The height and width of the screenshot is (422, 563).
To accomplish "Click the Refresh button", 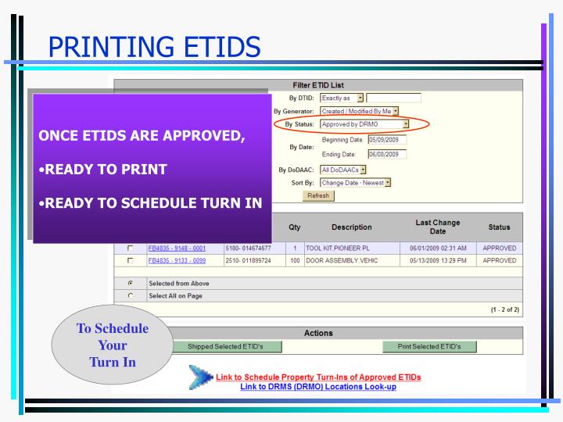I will pyautogui.click(x=318, y=195).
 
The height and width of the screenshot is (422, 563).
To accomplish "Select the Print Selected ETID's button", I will pyautogui.click(x=429, y=346).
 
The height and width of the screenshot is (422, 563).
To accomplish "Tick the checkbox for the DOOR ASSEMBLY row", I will pyautogui.click(x=131, y=260).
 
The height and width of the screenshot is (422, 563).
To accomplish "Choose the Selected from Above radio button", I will pyautogui.click(x=131, y=282).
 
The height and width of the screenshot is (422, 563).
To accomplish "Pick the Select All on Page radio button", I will pyautogui.click(x=131, y=295).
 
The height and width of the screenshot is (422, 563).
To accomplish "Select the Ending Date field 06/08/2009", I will pyautogui.click(x=383, y=154).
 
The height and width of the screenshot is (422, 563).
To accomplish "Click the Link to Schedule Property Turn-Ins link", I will pyautogui.click(x=318, y=377).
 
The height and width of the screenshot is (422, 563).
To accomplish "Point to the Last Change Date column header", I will pyautogui.click(x=438, y=227).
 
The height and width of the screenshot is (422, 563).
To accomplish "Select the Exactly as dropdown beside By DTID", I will pyautogui.click(x=342, y=98).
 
